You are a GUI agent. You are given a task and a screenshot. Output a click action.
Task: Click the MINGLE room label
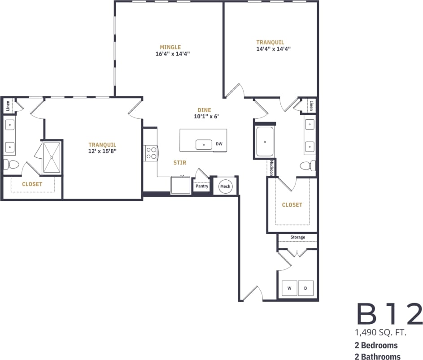point(170,47)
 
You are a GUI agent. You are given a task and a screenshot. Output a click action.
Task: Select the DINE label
point(204,110)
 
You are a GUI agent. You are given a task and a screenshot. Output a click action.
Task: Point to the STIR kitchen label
point(180,163)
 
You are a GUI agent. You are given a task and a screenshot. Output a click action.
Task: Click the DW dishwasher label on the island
point(219,144)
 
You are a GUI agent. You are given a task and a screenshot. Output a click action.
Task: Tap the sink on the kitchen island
point(204,144)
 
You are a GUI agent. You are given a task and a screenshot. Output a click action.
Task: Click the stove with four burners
point(151,153)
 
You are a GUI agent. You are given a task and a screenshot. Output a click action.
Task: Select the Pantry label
point(202,186)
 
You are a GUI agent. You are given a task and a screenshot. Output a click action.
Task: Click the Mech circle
point(225,186)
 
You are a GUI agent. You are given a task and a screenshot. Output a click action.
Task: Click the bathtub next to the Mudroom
point(265,142)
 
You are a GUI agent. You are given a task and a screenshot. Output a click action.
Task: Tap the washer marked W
point(289,288)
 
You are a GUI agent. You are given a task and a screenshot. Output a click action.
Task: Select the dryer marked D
point(305,288)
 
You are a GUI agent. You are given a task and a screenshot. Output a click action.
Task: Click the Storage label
point(297,237)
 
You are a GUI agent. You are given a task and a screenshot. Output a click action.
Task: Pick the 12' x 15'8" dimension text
point(102,151)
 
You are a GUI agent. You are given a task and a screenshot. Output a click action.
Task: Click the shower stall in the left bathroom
point(52,157)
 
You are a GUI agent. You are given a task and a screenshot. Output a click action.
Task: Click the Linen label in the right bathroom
point(311,105)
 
